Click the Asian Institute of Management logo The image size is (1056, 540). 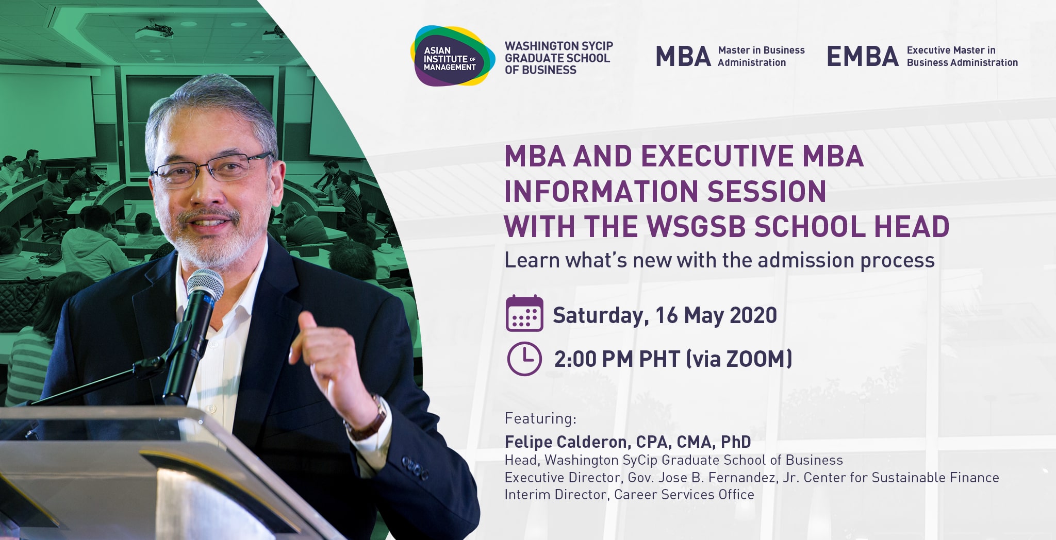pos(452,56)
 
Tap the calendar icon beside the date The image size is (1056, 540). pos(524,313)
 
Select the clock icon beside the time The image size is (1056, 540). pos(524,359)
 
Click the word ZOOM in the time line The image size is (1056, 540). pos(756,359)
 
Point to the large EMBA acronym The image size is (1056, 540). pos(863,57)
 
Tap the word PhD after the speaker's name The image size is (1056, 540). pos(736,442)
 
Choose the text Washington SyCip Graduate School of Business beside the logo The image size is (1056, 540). pos(558,58)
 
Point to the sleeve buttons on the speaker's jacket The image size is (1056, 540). pos(416,469)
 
